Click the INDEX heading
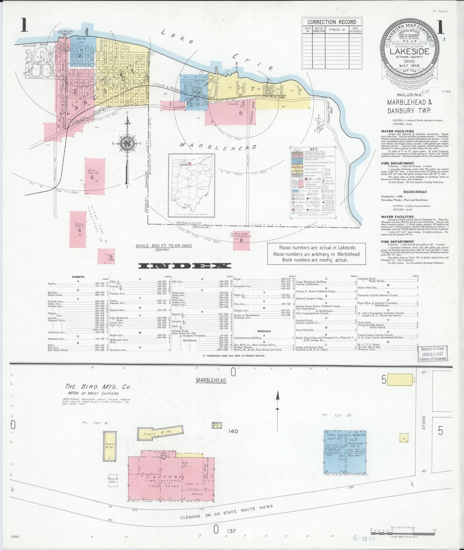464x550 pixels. (184, 266)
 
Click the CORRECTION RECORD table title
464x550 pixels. (332, 22)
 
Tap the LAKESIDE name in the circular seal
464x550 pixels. (409, 51)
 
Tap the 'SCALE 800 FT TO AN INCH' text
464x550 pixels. (163, 246)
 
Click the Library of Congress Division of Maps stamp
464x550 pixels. (433, 354)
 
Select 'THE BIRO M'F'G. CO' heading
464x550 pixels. (97, 387)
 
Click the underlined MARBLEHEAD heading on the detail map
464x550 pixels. (211, 380)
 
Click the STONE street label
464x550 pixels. (424, 423)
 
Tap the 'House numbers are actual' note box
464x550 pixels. (316, 253)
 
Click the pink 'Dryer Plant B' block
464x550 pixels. (95, 177)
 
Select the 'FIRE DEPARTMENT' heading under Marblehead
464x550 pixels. (397, 242)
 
